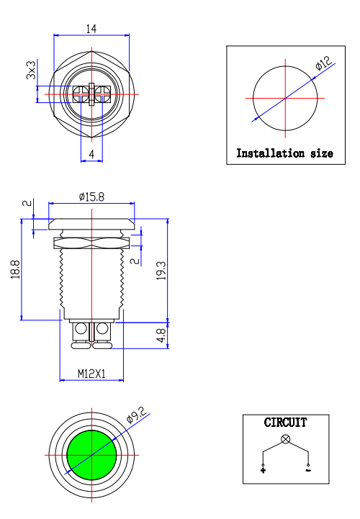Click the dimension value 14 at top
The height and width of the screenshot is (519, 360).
91,29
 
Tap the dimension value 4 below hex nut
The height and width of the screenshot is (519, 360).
91,154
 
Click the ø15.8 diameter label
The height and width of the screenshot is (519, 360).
91,196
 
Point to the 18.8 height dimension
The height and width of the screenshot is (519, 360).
15,270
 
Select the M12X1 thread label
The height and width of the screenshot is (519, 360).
91,374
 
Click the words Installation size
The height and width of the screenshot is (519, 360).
284,153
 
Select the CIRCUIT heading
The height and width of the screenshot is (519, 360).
285,423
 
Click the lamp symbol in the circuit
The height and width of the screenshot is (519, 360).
285,438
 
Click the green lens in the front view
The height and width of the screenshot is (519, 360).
91,455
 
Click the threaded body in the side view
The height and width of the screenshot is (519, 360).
91,281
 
